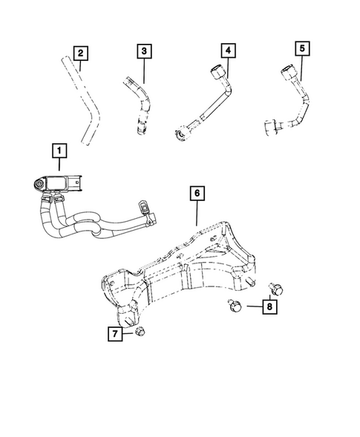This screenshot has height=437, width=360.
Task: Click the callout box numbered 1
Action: click(x=56, y=151)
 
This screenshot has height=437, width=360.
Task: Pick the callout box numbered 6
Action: click(x=197, y=194)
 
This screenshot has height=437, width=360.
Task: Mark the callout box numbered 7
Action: click(x=116, y=334)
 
